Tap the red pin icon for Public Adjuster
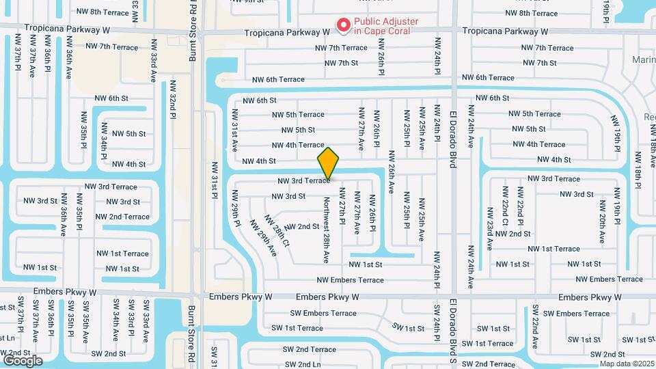pyautogui.click(x=343, y=26)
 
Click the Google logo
pyautogui.click(x=23, y=360)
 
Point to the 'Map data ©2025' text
pyautogui.click(x=626, y=363)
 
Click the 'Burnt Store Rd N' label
pyautogui.click(x=193, y=31)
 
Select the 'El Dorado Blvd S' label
pyautogui.click(x=452, y=333)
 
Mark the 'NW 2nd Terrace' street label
pyautogui.click(x=122, y=217)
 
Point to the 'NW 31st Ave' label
pyautogui.click(x=234, y=130)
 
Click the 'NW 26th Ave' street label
pyautogui.click(x=392, y=172)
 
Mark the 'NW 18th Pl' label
pyautogui.click(x=638, y=167)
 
